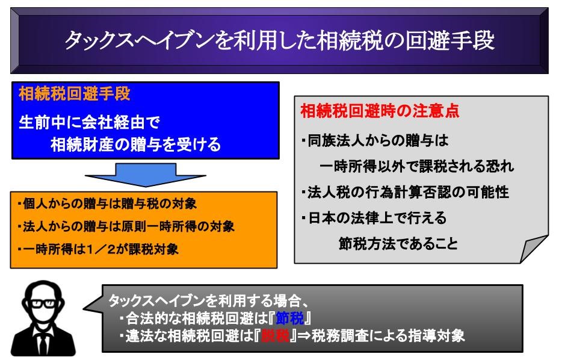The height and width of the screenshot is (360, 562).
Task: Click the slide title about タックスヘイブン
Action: (280, 40)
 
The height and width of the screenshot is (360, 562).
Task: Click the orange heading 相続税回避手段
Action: (75, 94)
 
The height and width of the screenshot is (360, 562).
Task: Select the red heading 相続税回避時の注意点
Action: (380, 111)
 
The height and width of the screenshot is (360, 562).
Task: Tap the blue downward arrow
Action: (146, 175)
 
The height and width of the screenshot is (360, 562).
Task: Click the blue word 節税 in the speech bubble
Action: (289, 318)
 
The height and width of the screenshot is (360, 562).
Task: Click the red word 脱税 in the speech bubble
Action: (275, 336)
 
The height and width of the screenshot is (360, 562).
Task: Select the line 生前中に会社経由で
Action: (89, 122)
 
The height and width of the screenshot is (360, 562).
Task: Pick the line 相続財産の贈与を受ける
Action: (136, 144)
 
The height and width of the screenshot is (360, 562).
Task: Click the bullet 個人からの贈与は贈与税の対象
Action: (107, 203)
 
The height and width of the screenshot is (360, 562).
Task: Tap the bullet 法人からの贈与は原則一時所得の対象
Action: (126, 226)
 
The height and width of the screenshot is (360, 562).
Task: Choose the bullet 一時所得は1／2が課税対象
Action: (97, 249)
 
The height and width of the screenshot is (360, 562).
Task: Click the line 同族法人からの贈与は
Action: (375, 140)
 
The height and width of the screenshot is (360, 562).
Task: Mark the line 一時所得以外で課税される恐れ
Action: (416, 166)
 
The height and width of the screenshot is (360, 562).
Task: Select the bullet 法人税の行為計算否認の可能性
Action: (405, 192)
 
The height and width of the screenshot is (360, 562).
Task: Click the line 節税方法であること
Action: (398, 244)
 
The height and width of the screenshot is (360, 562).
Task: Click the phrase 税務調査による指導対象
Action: (388, 336)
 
